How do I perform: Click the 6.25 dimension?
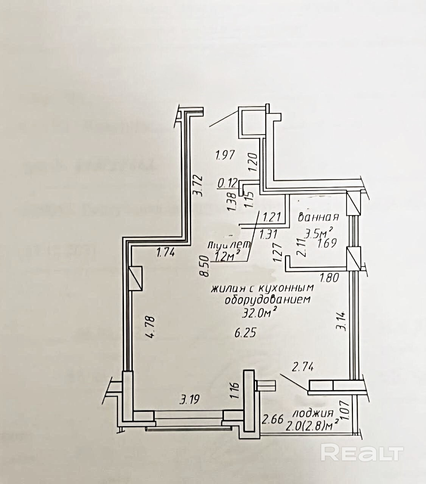[246, 333]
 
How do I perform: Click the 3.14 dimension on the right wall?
[342, 321]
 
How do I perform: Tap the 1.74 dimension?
[165, 252]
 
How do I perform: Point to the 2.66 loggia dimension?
[272, 419]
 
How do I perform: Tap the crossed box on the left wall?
[136, 278]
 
